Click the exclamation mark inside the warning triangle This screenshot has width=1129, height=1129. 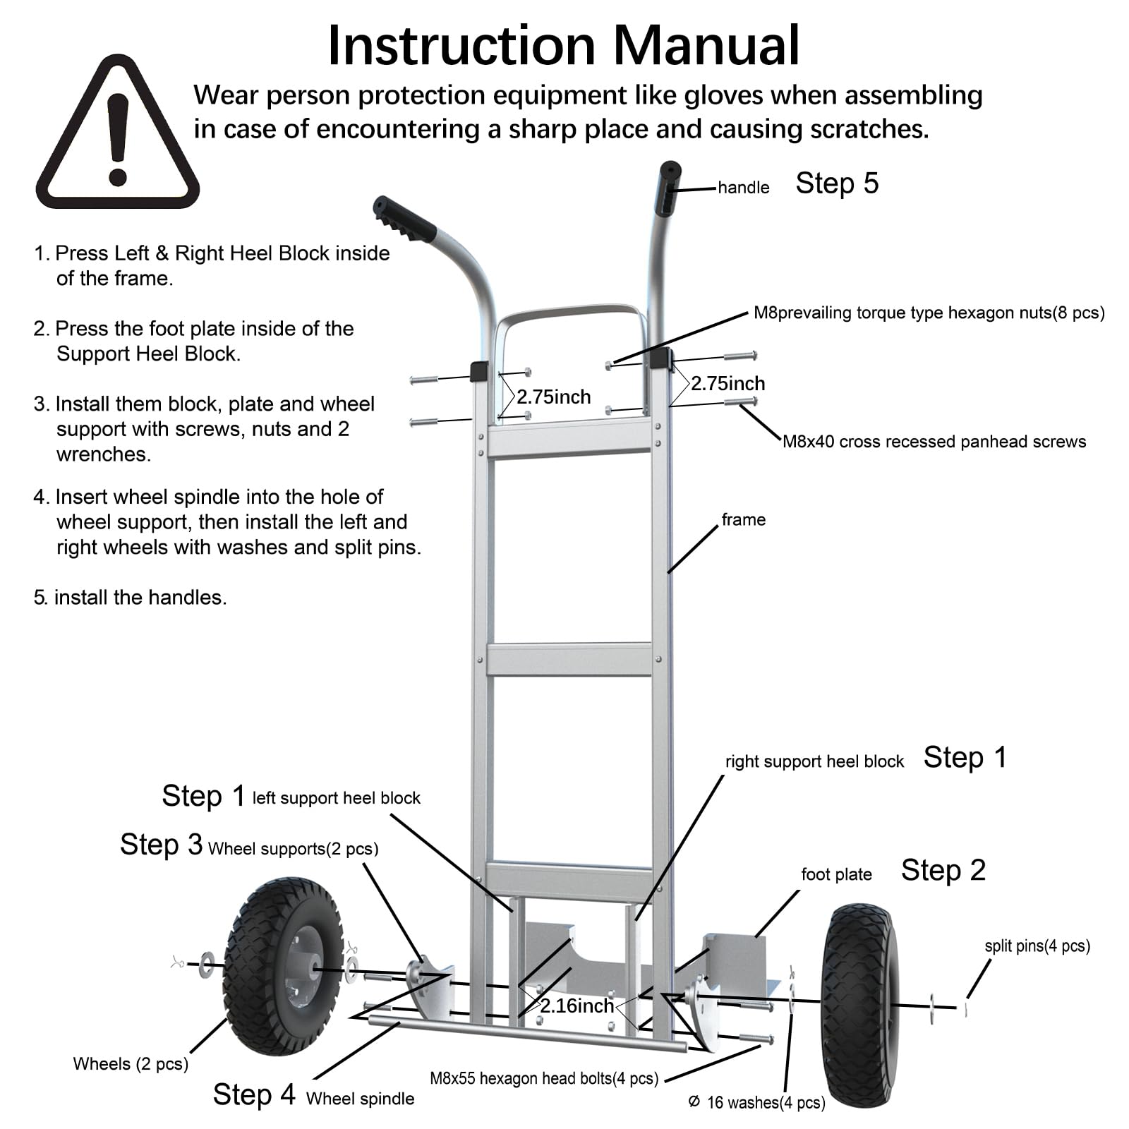point(118,138)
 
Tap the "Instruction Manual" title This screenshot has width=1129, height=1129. point(564,46)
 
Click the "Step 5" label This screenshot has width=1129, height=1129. point(837,183)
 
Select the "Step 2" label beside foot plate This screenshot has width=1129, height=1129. point(943,871)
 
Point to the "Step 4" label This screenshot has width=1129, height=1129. point(254,1094)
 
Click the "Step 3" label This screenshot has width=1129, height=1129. point(161,845)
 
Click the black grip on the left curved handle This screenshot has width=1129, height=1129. point(404,219)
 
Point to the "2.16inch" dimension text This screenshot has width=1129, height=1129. point(576,1006)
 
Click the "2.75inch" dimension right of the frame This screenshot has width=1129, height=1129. point(727,384)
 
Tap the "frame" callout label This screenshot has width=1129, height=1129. point(743,520)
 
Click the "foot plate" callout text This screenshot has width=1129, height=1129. point(836,875)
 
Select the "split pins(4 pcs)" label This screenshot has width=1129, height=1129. point(1037,946)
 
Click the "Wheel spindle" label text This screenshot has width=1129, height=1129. point(360,1099)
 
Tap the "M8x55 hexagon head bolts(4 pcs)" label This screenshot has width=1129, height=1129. point(544,1078)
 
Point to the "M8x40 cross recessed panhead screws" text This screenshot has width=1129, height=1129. point(934,442)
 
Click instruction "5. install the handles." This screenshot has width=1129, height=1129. point(131,598)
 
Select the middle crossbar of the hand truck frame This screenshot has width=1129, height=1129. point(569,660)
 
